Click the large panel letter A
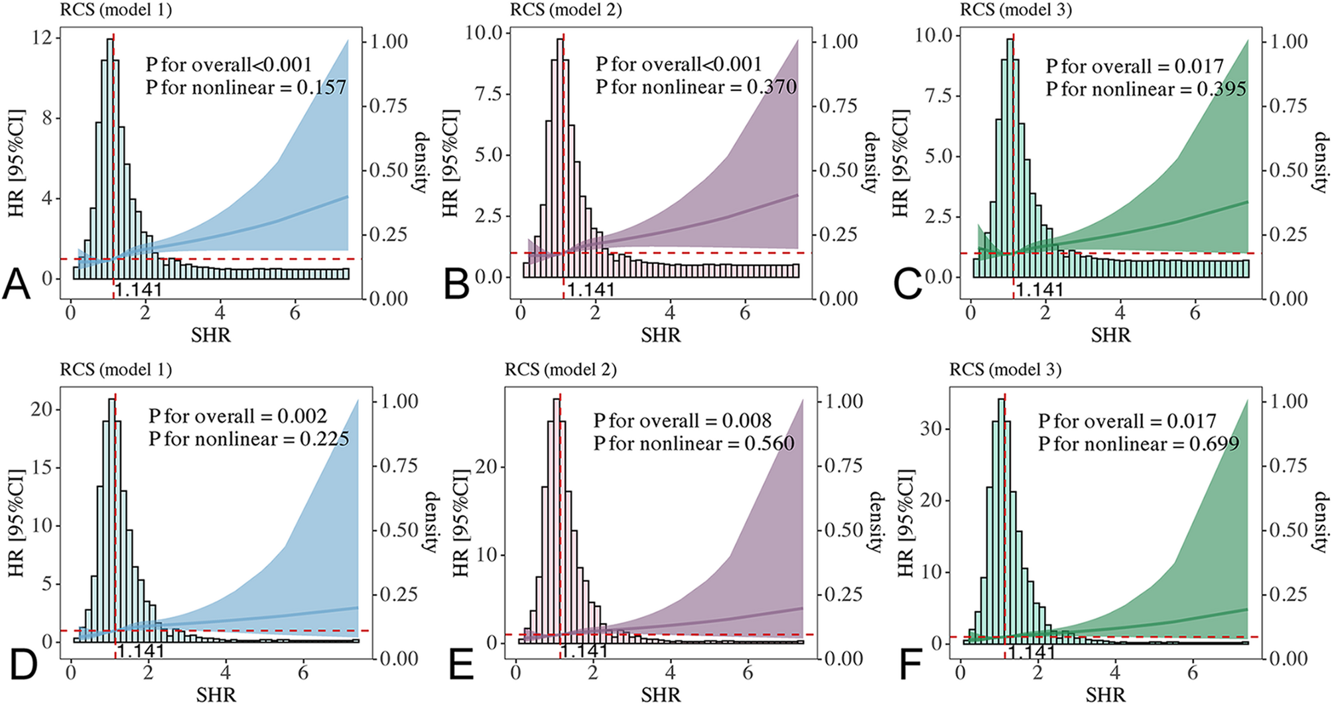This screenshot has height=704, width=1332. [x=17, y=285]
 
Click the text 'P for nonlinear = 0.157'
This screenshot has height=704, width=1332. [x=246, y=87]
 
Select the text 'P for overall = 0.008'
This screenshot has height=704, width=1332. [x=683, y=421]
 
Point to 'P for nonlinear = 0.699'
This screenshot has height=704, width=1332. [x=1138, y=443]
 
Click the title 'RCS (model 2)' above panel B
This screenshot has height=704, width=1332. [x=566, y=10]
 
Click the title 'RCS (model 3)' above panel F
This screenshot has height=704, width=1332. [x=1005, y=370]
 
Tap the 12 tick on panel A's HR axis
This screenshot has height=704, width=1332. [x=41, y=38]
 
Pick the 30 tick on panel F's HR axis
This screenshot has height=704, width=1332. [x=931, y=429]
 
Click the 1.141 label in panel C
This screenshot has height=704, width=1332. [x=1039, y=290]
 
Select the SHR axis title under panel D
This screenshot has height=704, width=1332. [x=216, y=695]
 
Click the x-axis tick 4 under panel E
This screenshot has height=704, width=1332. [x=671, y=671]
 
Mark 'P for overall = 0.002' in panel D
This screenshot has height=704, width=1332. [x=237, y=416]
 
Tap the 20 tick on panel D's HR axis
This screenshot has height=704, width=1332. [x=42, y=409]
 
